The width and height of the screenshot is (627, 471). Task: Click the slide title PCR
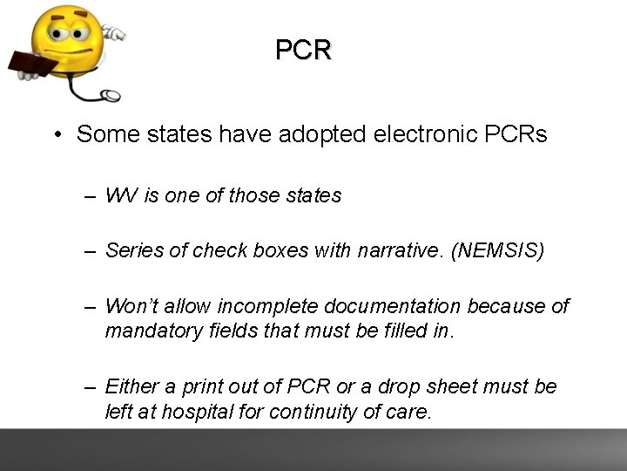point(303,51)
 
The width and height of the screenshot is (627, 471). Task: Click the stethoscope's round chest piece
point(111,95)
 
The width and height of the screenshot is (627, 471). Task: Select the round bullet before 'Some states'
point(55,135)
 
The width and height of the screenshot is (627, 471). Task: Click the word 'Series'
point(133,251)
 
